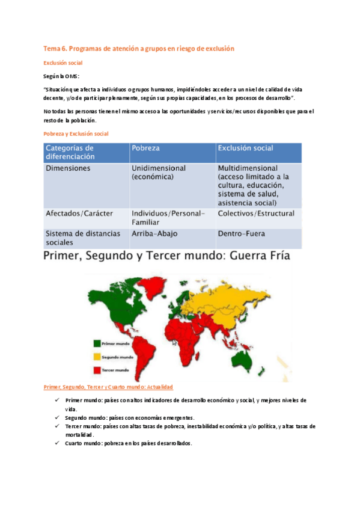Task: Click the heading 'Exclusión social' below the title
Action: pos(66,63)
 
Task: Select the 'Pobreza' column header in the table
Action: pos(145,148)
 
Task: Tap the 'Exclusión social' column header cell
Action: pos(245,148)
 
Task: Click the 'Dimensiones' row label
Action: pos(68,168)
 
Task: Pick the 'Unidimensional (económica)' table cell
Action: pos(158,173)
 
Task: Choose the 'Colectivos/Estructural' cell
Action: pos(256,214)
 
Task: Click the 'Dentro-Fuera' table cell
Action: pos(241,233)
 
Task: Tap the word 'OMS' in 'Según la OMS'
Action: pos(72,76)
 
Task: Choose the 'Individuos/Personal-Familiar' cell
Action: pos(168,218)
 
